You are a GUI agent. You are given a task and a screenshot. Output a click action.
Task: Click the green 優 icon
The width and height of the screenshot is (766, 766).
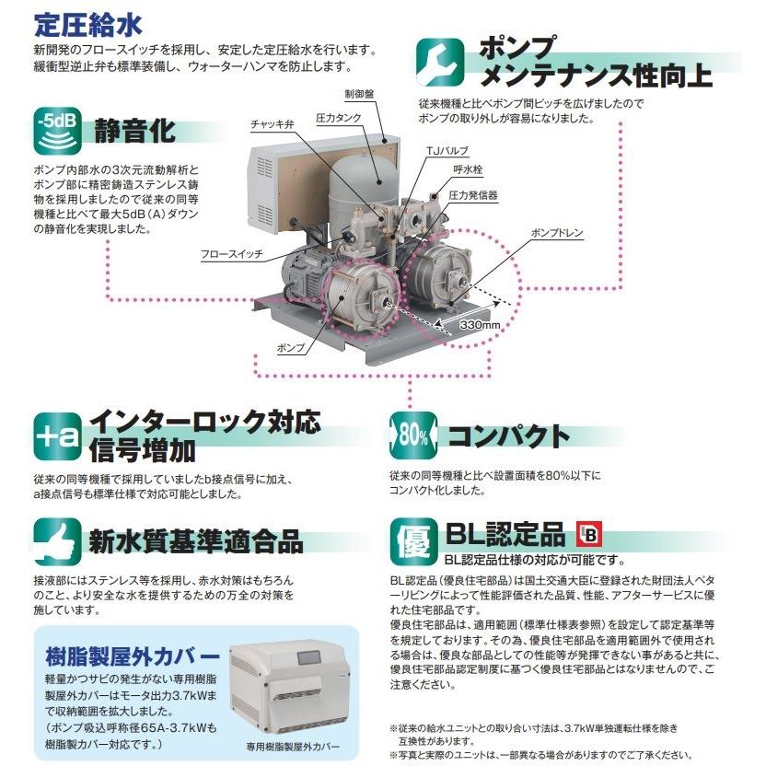click(410, 539)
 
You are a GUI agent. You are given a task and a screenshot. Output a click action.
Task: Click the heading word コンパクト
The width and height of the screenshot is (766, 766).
click(508, 436)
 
